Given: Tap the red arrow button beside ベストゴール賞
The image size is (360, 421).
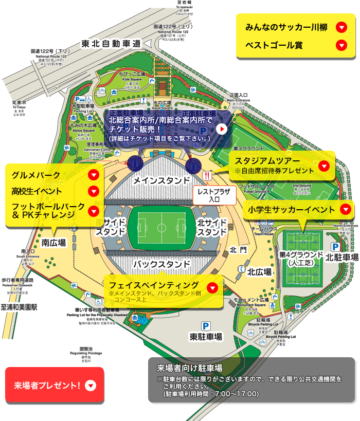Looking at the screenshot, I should pyautogui.click(x=341, y=45).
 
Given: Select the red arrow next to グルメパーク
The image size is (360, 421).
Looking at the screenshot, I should pyautogui.click(x=93, y=175).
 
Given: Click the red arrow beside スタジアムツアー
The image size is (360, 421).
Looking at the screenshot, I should pyautogui.click(x=324, y=166).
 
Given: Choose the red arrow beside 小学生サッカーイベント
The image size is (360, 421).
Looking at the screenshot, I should pyautogui.click(x=345, y=209).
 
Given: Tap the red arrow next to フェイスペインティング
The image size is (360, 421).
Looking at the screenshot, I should pyautogui.click(x=211, y=288).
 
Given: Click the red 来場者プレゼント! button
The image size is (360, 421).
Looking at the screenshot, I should pyautogui.click(x=54, y=385).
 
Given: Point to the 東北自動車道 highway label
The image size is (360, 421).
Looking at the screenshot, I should pyautogui.click(x=111, y=44).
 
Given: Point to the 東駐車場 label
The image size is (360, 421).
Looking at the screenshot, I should pyautogui.click(x=206, y=337).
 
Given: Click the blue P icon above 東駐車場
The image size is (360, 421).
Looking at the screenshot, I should pyautogui.click(x=205, y=325).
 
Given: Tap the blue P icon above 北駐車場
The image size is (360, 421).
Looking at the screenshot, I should pyautogui.click(x=335, y=247).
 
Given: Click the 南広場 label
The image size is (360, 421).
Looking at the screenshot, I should pyautogui.click(x=53, y=242).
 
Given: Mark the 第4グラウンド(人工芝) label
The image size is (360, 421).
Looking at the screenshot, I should pyautogui.click(x=301, y=258).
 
